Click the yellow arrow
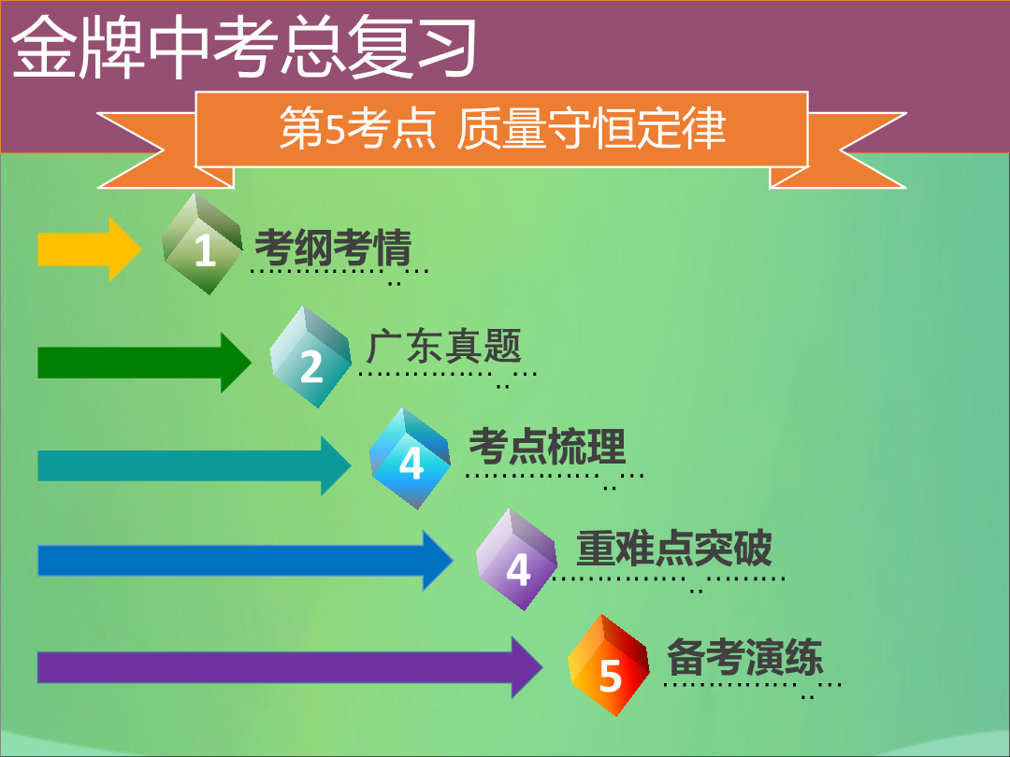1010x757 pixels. tap(90, 250)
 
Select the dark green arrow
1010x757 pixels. tap(144, 363)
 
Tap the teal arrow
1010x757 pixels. tap(194, 465)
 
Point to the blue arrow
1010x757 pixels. tap(245, 560)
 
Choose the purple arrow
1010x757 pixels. tap(290, 667)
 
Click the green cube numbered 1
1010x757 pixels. tap(202, 244)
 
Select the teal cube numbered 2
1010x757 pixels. tap(310, 357)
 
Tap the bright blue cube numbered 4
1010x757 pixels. tap(411, 458)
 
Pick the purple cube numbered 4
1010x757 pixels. tap(516, 560)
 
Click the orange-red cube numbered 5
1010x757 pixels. tap(609, 665)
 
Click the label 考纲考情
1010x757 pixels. tap(333, 247)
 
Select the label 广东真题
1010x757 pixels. tap(443, 347)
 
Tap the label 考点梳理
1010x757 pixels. tap(547, 446)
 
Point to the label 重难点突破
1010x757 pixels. tap(673, 548)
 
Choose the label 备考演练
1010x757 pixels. tap(744, 657)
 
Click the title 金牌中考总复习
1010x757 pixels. tap(244, 47)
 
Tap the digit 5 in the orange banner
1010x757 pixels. tap(335, 129)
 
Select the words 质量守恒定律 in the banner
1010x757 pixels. tap(591, 128)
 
